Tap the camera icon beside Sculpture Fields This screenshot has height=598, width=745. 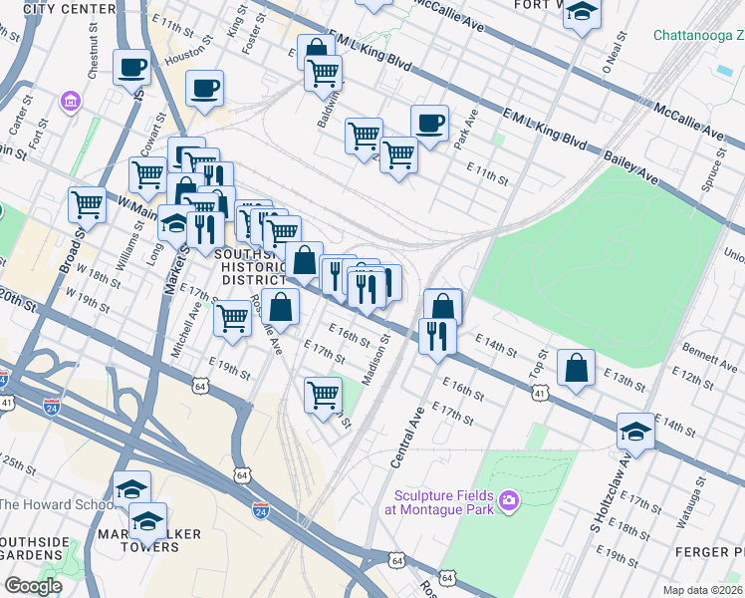pos(510,499)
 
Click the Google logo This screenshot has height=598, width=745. pos(33,586)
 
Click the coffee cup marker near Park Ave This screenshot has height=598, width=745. pos(429,124)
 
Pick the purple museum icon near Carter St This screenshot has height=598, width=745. pos(71,102)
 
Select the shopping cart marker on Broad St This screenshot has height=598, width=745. pos(87,204)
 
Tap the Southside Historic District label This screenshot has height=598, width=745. pos(253,267)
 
